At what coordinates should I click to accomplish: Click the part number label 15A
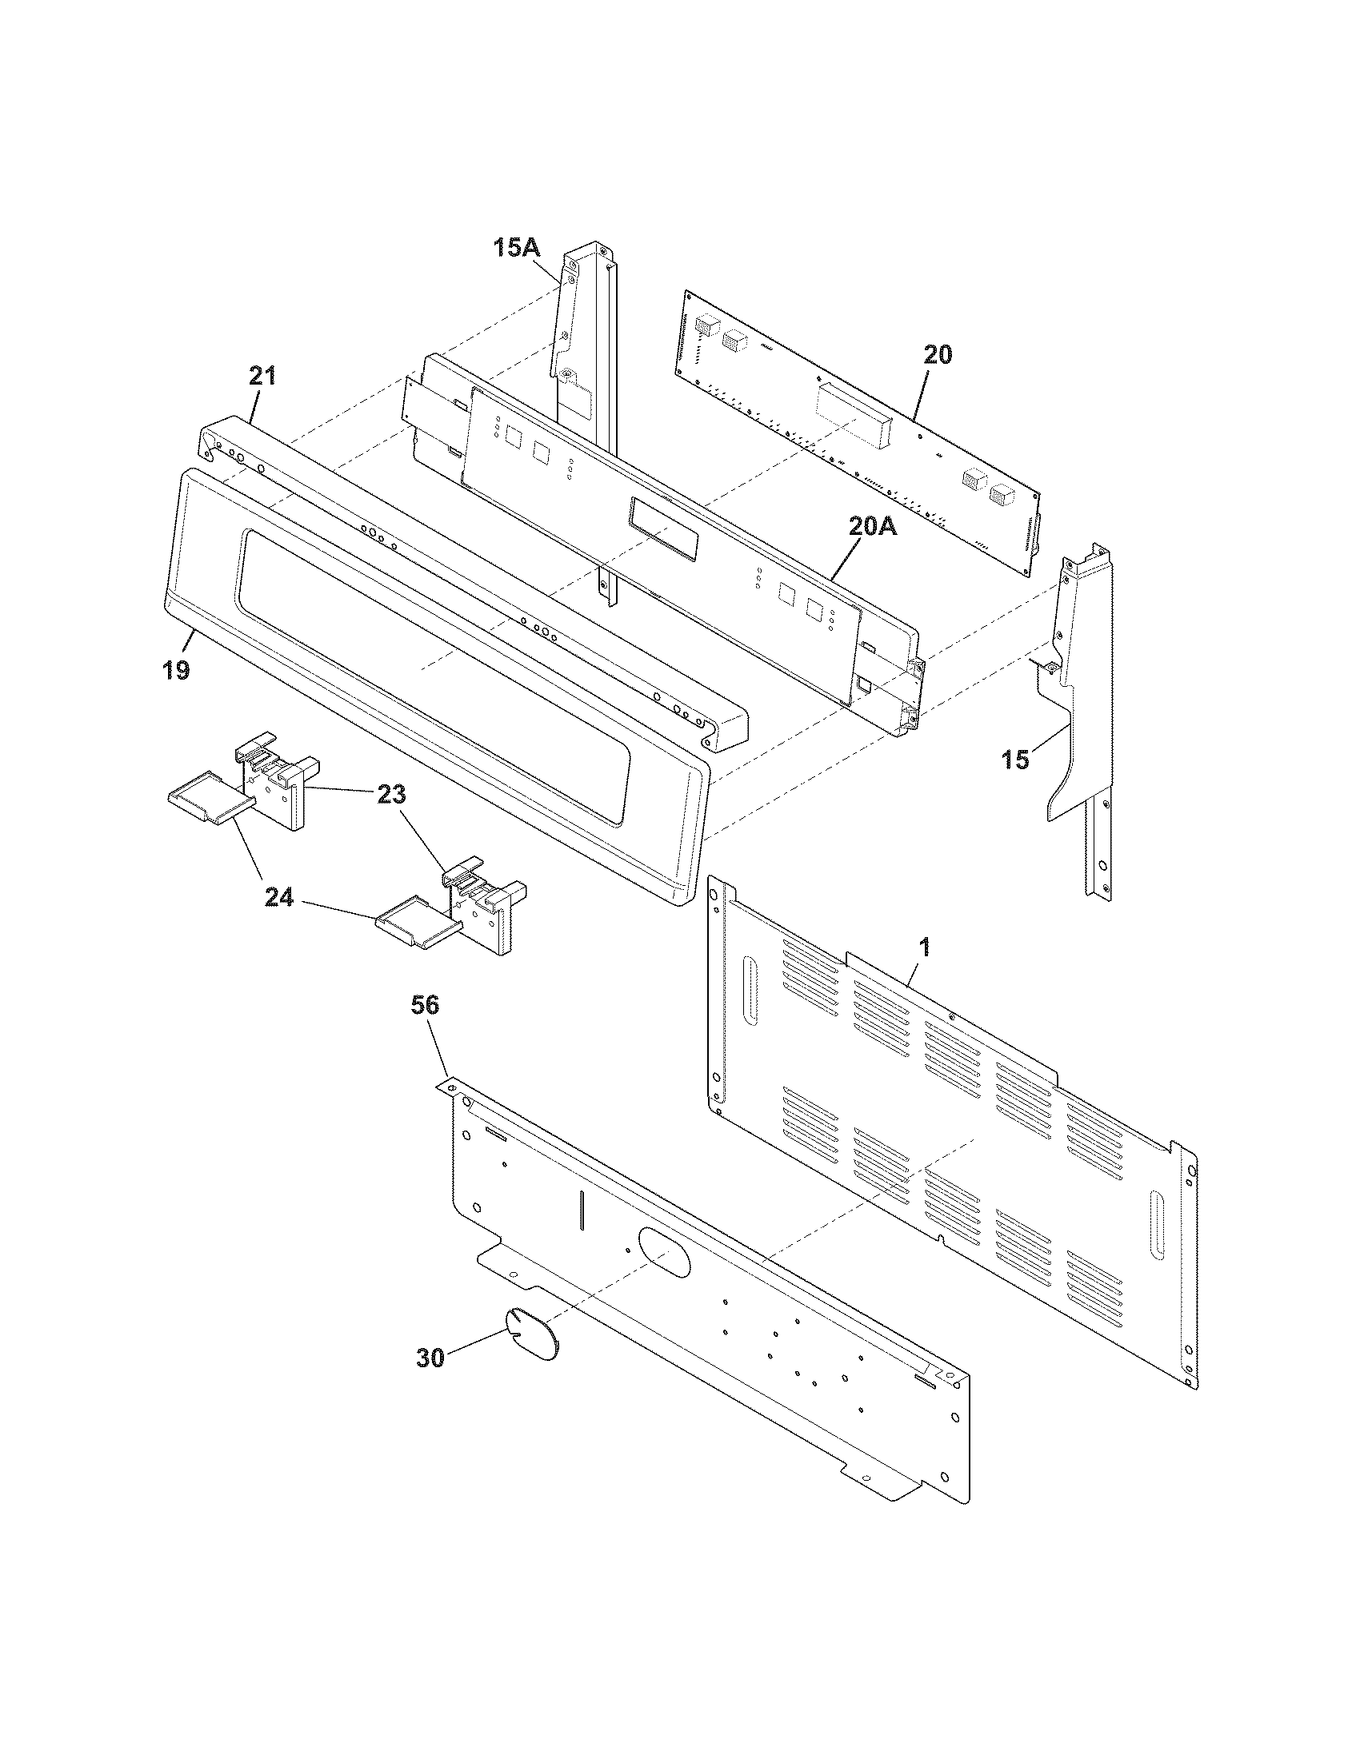516,247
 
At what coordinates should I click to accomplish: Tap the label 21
262,376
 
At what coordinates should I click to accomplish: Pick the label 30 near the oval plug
430,1358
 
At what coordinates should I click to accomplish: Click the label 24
278,897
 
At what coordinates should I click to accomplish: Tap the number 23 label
391,795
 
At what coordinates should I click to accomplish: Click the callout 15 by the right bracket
1016,759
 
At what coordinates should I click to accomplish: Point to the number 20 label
937,354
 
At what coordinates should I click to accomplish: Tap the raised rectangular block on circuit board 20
853,416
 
